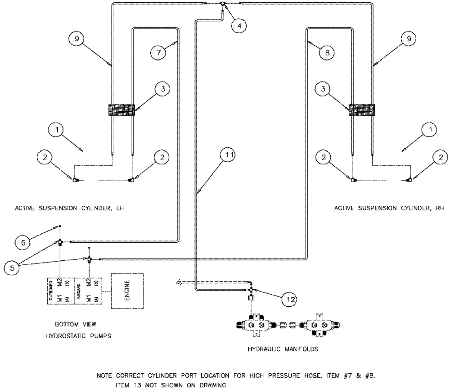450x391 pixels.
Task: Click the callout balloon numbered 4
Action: click(x=239, y=25)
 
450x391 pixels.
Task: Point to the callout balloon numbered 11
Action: click(x=230, y=155)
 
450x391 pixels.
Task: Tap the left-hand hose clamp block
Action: click(x=121, y=109)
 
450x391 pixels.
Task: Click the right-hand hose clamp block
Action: click(x=361, y=109)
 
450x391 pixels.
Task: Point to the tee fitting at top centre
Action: click(x=223, y=5)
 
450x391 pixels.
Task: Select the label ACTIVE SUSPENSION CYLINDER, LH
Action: click(x=69, y=209)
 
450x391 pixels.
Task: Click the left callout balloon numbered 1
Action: click(x=57, y=131)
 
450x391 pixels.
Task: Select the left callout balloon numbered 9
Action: click(x=77, y=39)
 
